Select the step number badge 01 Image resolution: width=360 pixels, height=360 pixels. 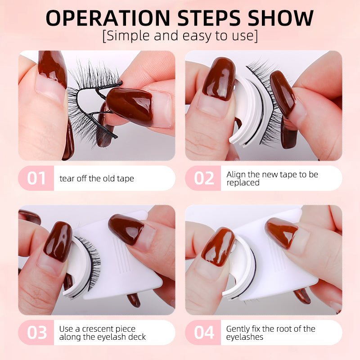(x=36, y=178)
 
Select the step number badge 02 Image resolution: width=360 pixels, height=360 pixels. (x=203, y=178)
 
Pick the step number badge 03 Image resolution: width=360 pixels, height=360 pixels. (x=36, y=333)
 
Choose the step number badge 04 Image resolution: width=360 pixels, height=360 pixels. (x=203, y=333)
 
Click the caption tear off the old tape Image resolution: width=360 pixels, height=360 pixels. (x=97, y=179)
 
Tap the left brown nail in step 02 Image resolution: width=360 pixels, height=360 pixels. (x=218, y=79)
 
